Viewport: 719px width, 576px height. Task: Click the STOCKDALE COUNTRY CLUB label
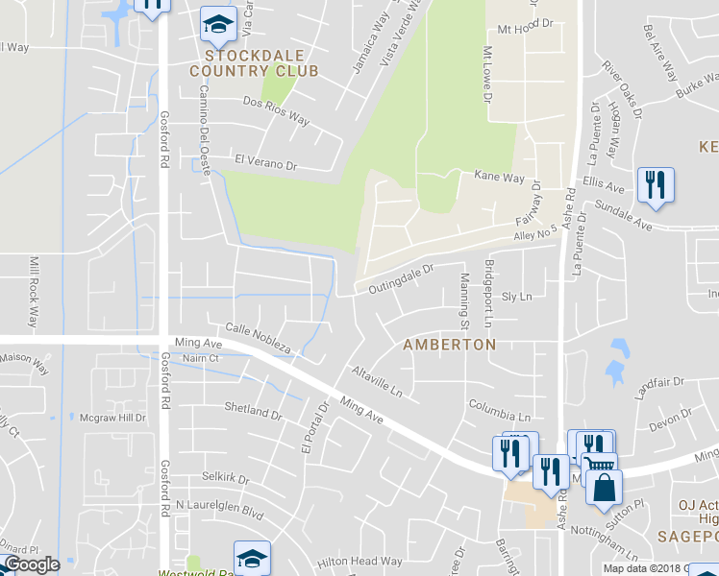pyautogui.click(x=254, y=62)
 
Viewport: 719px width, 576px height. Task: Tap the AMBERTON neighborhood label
pyautogui.click(x=449, y=344)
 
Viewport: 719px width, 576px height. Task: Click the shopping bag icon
pyautogui.click(x=603, y=487)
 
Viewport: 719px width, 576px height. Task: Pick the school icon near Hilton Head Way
pyautogui.click(x=252, y=558)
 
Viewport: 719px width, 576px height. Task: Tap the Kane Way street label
pyautogui.click(x=500, y=178)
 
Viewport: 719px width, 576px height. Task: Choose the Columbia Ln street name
pyautogui.click(x=499, y=411)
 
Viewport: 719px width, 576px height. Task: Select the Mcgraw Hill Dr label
pyautogui.click(x=112, y=418)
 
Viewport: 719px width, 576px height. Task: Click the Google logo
pyautogui.click(x=32, y=564)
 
